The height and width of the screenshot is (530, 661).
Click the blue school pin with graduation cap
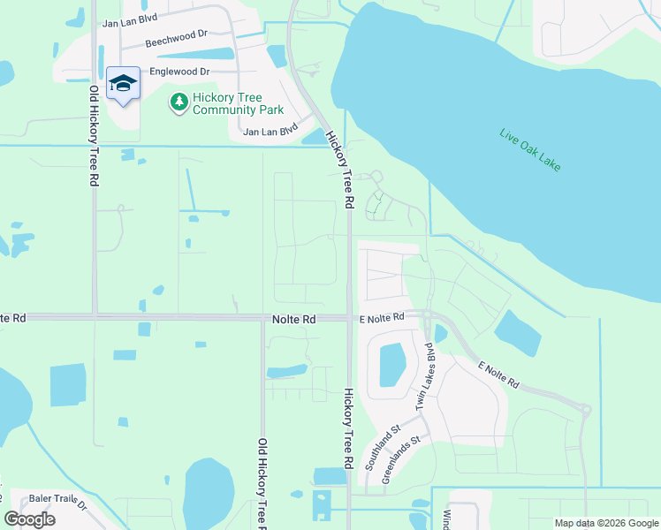123,85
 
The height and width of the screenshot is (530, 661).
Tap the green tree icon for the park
179,102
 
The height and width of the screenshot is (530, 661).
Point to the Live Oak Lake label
529,151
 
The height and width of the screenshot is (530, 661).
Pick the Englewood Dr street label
180,71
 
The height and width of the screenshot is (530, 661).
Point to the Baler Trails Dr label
57,501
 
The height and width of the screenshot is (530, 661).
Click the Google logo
30,519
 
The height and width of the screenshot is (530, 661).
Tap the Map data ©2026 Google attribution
606,523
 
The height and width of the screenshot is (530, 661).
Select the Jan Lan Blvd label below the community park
270,132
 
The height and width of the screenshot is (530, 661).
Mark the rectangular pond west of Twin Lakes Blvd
392,365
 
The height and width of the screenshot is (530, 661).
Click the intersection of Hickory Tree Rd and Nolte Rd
350,318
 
